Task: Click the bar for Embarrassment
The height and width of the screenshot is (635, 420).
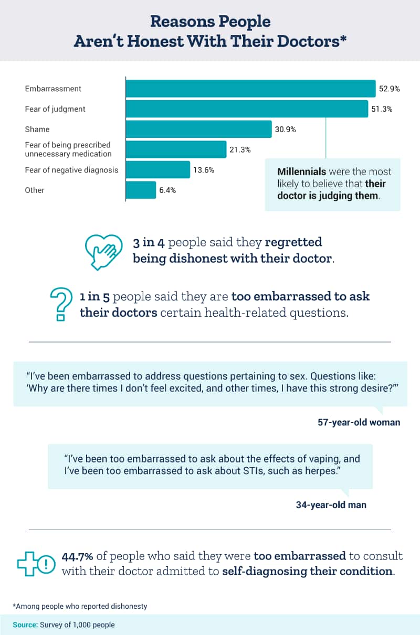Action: (x=250, y=89)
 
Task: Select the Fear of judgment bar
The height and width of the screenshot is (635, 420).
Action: (x=247, y=109)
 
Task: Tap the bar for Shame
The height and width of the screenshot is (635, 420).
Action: (x=198, y=129)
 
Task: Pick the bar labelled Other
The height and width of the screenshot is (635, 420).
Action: (x=141, y=190)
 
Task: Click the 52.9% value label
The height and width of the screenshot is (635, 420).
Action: (x=390, y=89)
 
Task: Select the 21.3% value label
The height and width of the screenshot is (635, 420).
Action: (x=240, y=149)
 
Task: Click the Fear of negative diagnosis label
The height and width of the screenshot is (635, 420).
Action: (x=71, y=170)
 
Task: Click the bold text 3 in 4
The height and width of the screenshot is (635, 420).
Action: (x=150, y=243)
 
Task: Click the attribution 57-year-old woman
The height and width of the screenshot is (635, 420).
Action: (x=359, y=422)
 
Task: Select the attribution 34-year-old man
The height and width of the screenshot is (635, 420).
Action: (x=331, y=505)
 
